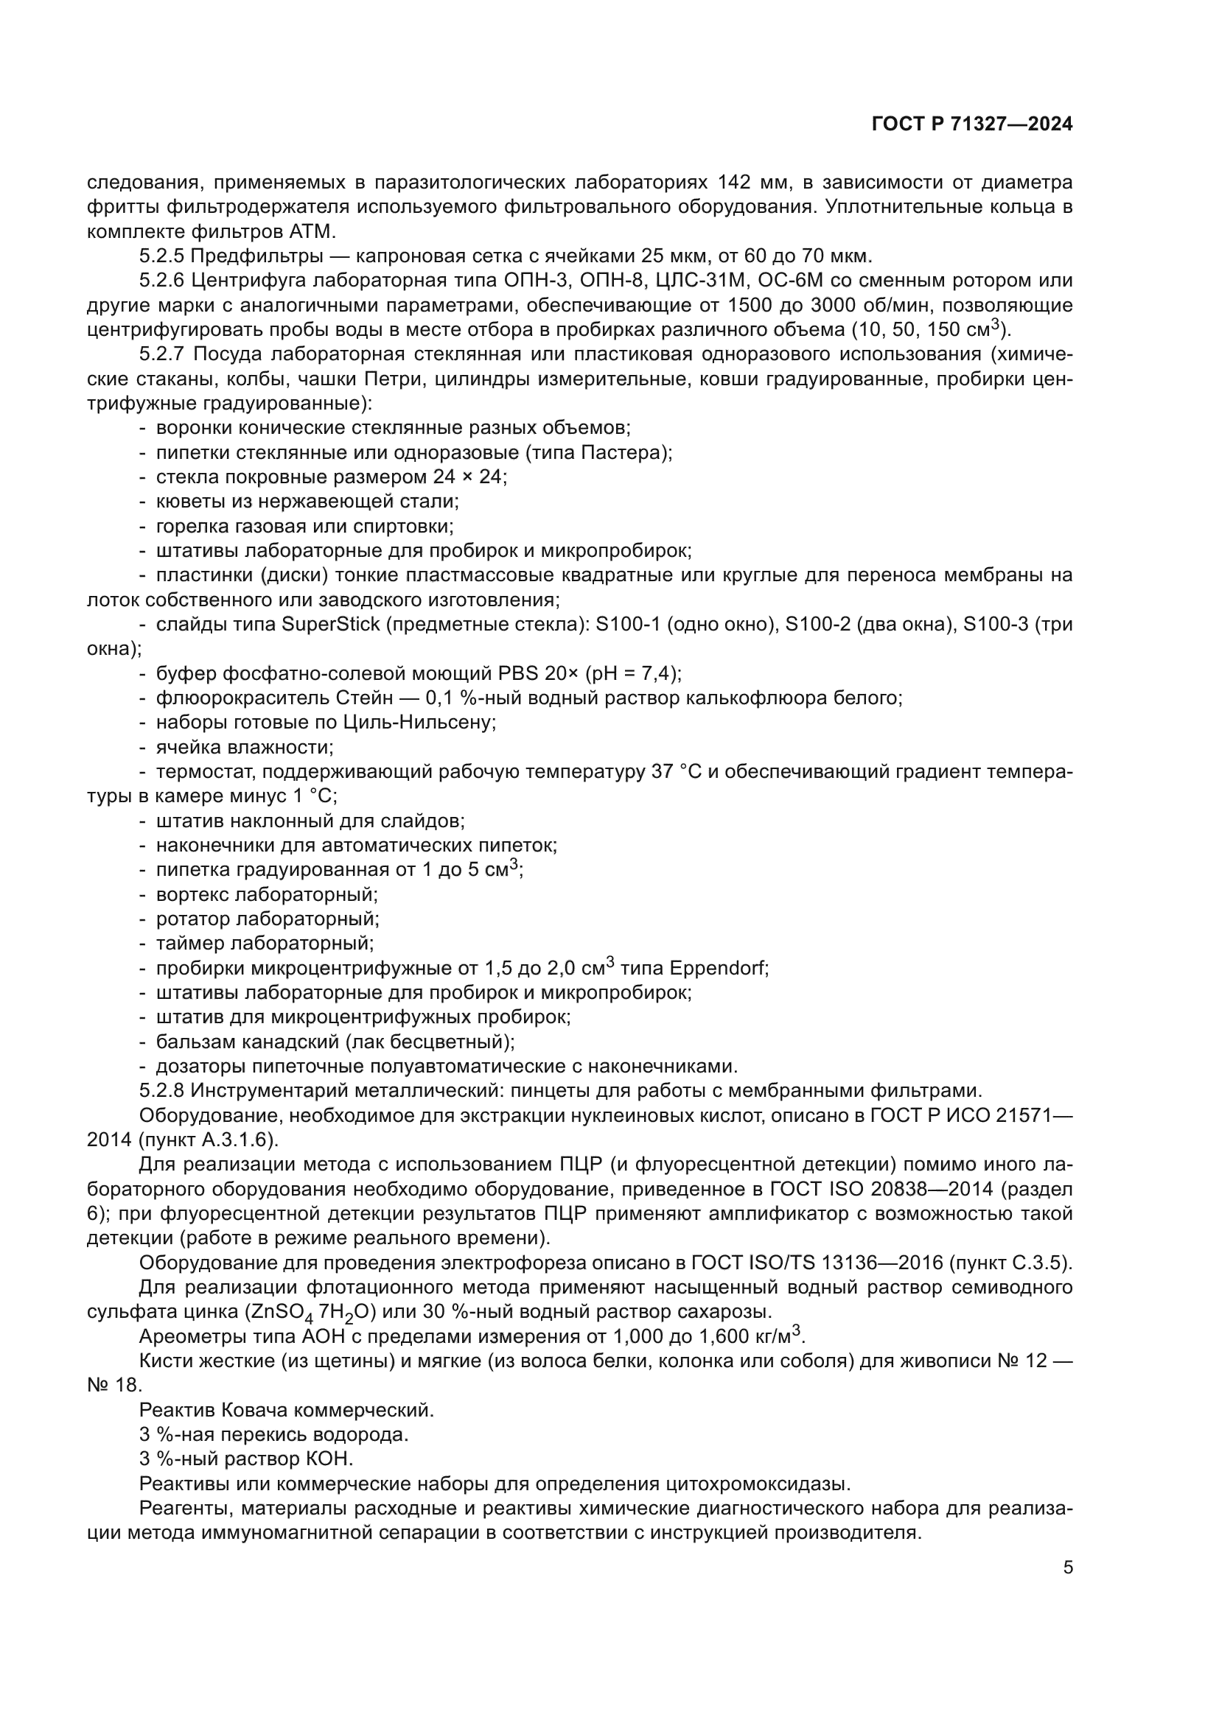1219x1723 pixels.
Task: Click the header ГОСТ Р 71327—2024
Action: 972,124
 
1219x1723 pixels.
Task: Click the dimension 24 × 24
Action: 469,477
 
